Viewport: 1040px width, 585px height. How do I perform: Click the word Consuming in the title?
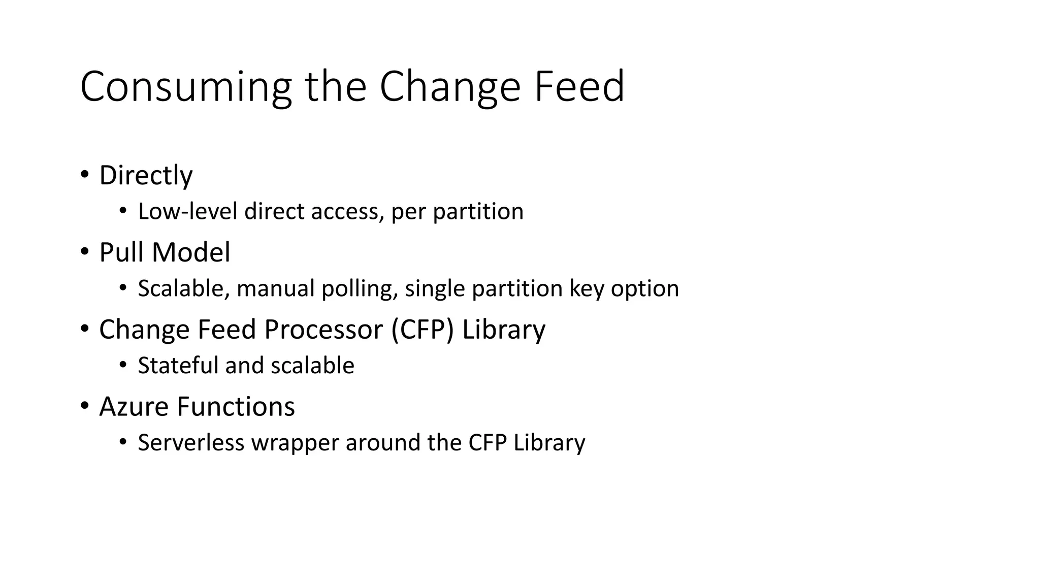coord(185,87)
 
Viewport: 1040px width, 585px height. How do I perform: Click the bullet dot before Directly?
coord(84,174)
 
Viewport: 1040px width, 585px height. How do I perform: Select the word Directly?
coord(146,176)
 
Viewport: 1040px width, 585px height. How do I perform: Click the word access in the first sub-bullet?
coord(345,211)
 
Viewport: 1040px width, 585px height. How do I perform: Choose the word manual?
coord(276,288)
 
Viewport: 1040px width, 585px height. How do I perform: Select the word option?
coord(644,289)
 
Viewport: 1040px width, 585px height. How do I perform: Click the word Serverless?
coord(191,443)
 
